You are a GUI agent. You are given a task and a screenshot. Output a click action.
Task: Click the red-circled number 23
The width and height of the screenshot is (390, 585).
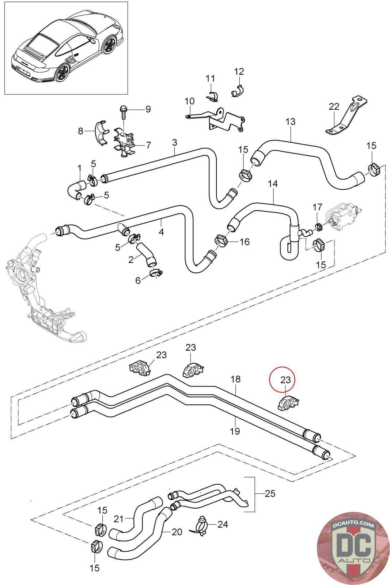(x=285, y=380)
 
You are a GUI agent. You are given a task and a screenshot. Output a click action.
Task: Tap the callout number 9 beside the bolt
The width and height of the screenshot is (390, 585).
(x=148, y=109)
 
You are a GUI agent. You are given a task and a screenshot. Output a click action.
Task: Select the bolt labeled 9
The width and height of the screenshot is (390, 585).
(x=123, y=112)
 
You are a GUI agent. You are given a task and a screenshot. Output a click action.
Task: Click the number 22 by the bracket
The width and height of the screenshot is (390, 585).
(x=334, y=106)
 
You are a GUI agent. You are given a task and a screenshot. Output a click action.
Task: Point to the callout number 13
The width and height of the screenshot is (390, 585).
(x=291, y=122)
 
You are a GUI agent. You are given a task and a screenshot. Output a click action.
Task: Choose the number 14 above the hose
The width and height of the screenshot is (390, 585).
(x=273, y=184)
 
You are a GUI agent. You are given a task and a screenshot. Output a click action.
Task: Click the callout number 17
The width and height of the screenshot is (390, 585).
(x=317, y=207)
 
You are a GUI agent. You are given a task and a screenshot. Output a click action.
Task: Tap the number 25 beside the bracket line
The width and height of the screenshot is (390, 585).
(x=270, y=494)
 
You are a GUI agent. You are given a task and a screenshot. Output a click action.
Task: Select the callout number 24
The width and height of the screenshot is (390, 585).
(x=222, y=524)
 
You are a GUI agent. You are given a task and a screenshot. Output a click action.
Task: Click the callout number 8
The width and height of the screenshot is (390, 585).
(x=81, y=131)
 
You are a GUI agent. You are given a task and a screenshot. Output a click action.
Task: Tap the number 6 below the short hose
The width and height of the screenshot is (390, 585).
(x=138, y=280)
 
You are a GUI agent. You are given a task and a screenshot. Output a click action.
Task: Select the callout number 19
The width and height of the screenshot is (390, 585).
(x=235, y=431)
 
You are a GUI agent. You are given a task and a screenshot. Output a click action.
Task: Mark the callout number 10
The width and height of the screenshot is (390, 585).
(x=190, y=101)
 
